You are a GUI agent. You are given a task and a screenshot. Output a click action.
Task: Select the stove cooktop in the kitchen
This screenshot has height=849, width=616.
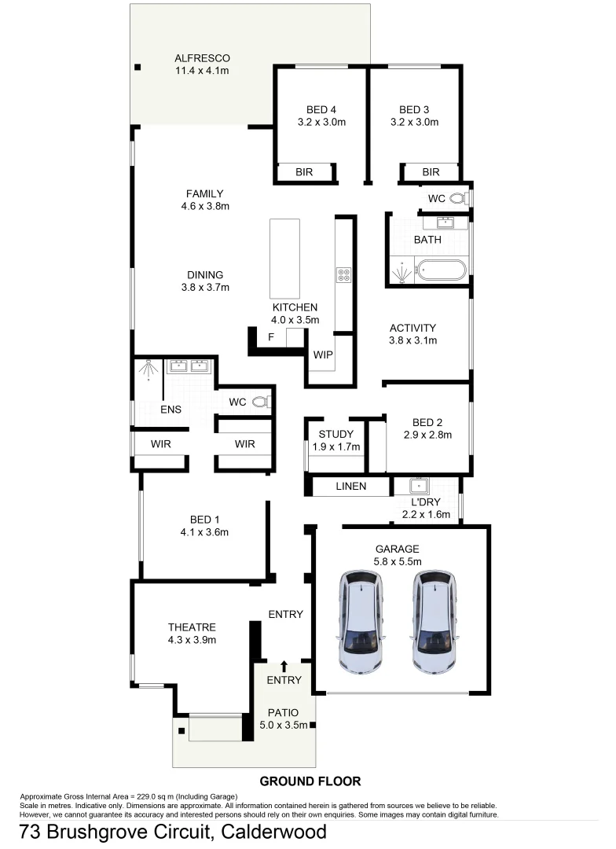pos(344,274)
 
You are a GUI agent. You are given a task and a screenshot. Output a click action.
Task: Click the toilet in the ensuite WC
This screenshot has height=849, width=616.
pos(262,402)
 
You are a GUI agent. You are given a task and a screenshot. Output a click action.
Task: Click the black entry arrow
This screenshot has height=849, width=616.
pos(284,666)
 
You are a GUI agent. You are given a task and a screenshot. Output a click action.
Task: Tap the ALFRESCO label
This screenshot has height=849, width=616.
pos(202,58)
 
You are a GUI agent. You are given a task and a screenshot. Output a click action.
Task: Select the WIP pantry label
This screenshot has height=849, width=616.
pos(323,355)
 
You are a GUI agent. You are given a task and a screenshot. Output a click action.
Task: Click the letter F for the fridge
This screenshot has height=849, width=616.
pos(270,337)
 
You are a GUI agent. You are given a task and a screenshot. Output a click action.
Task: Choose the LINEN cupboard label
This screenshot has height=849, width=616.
pos(350,487)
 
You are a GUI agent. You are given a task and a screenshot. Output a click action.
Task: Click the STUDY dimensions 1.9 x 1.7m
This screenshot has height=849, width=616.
pos(335,447)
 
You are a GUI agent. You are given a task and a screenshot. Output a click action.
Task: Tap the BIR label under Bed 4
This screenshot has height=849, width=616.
pos(305,172)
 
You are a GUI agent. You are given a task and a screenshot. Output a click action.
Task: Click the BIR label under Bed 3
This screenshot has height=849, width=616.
pos(431,172)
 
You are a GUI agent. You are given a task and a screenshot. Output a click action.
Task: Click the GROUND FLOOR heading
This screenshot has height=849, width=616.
pos(310,781)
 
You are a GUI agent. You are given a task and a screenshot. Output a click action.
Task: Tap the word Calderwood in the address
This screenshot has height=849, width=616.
pos(274,832)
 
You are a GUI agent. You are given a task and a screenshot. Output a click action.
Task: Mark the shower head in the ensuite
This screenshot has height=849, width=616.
pos(147,367)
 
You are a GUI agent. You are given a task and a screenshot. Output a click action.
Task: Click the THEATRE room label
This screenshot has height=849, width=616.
pos(192,627)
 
